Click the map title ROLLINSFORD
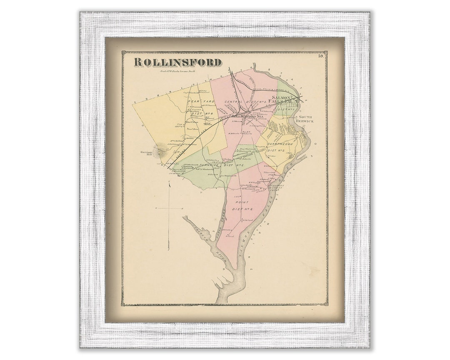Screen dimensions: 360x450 [x=177, y=62]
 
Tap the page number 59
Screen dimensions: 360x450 [x=320, y=56]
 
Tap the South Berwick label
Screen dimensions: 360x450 [x=305, y=119]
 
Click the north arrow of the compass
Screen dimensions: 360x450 [x=169, y=185]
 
